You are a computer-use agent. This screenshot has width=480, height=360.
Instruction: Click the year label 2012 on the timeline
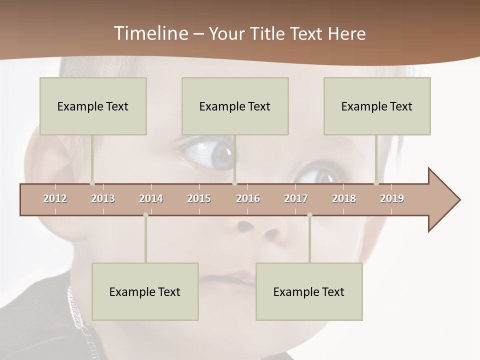pyautogui.click(x=55, y=198)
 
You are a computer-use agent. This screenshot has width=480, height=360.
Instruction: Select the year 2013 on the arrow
pyautogui.click(x=103, y=198)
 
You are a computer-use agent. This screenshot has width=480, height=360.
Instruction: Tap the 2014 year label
pyautogui.click(x=151, y=198)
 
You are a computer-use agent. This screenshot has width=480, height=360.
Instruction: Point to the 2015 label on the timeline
pyautogui.click(x=199, y=198)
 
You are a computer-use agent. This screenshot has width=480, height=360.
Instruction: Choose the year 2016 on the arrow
pyautogui.click(x=248, y=198)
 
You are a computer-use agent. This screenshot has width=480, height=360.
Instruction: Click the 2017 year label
pyautogui.click(x=296, y=198)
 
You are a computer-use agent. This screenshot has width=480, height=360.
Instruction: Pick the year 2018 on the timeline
pyautogui.click(x=344, y=198)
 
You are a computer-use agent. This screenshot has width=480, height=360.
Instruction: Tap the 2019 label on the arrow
pyautogui.click(x=392, y=198)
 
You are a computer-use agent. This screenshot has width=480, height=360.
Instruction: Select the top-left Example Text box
pyautogui.click(x=93, y=106)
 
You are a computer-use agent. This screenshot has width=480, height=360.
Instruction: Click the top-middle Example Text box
pyautogui.click(x=235, y=106)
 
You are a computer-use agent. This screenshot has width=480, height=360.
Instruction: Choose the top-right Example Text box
pyautogui.click(x=377, y=106)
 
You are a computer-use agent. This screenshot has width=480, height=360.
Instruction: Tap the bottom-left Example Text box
pyautogui.click(x=145, y=291)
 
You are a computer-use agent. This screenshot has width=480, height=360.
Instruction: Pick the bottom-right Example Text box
pyautogui.click(x=309, y=291)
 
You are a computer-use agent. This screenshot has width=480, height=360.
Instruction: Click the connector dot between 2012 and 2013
pyautogui.click(x=92, y=183)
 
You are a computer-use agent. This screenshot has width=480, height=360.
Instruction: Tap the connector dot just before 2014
pyautogui.click(x=145, y=215)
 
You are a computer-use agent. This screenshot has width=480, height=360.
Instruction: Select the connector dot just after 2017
pyautogui.click(x=309, y=215)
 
